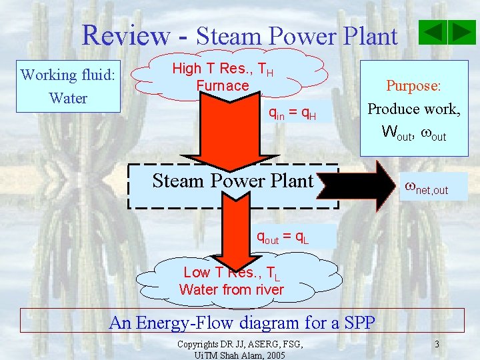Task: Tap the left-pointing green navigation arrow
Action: (434, 32)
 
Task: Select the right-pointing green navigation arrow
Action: (461, 32)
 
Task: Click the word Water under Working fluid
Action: (68, 98)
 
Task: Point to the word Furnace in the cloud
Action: (222, 85)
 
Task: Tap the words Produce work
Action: (413, 109)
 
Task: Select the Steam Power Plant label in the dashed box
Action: (233, 181)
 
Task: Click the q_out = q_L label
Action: (283, 237)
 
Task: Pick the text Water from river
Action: (231, 290)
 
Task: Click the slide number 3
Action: (436, 344)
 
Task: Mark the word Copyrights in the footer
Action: (200, 344)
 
